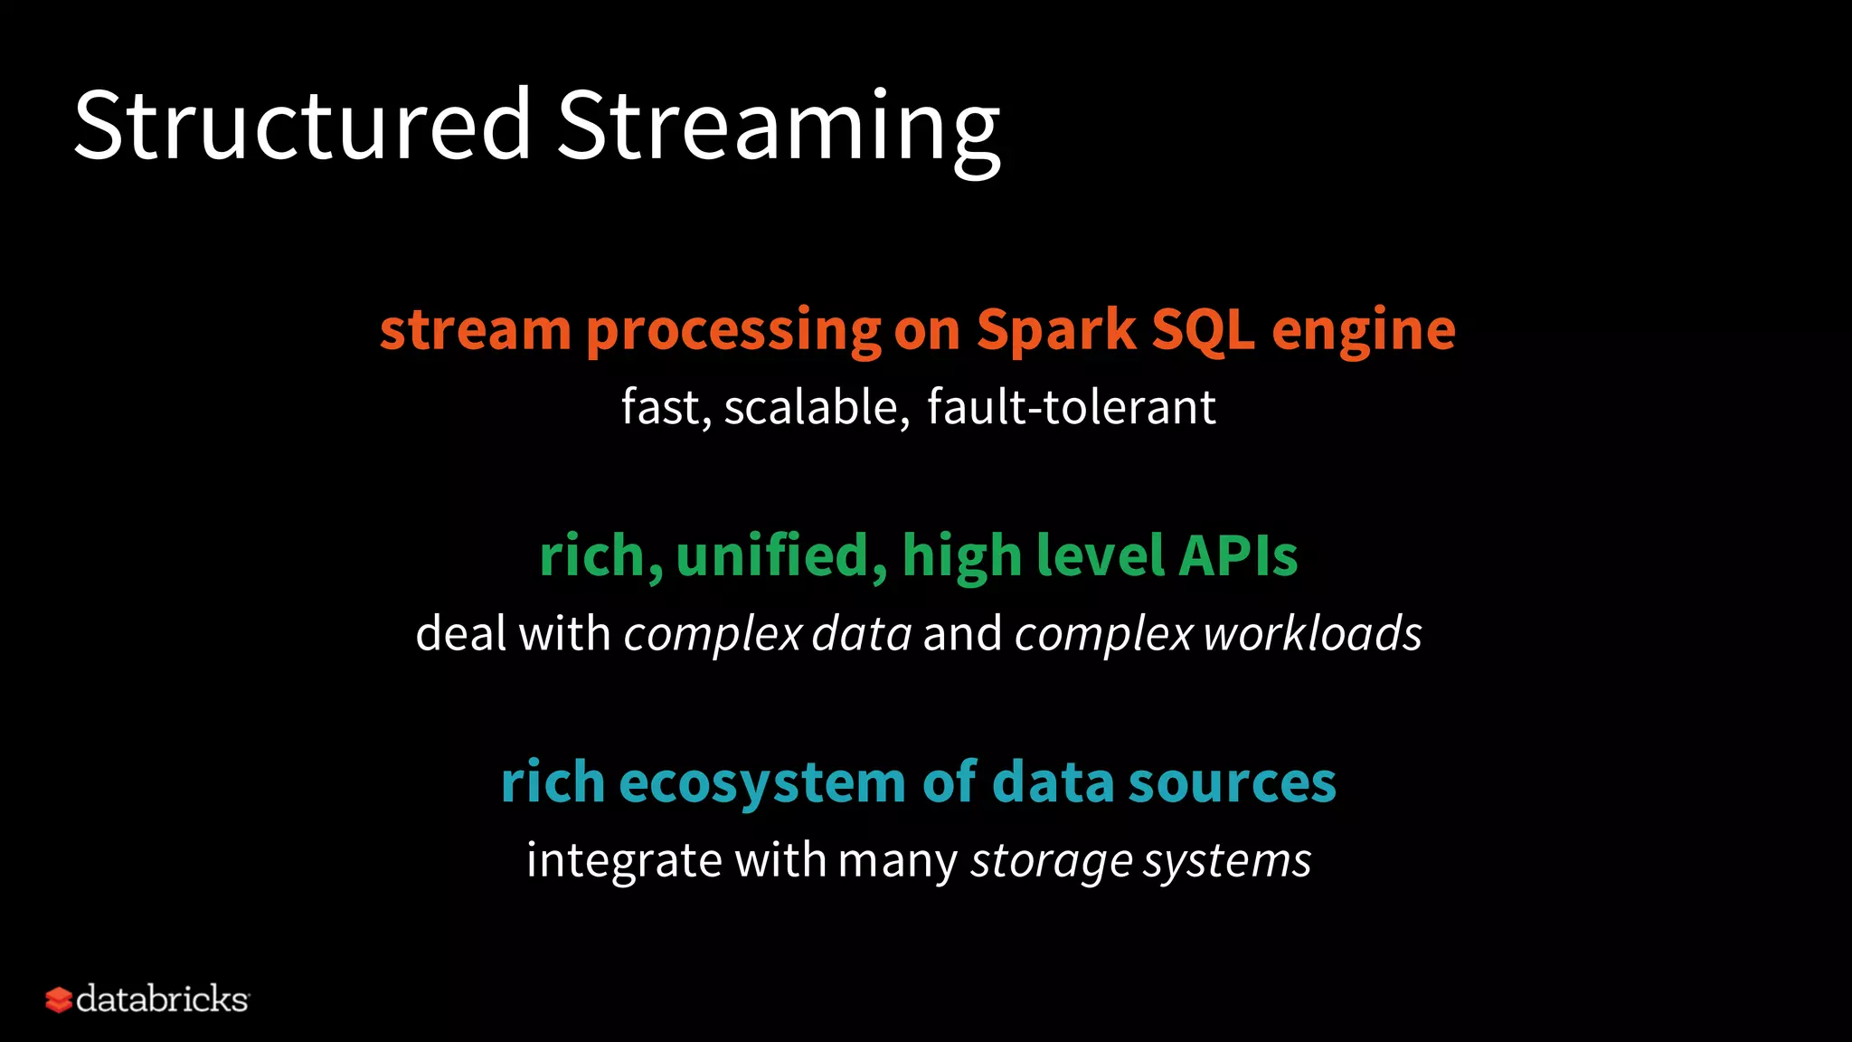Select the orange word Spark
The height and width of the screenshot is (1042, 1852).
tap(1055, 330)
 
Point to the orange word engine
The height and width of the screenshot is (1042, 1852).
tap(1364, 330)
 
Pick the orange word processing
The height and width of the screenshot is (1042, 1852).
tap(733, 330)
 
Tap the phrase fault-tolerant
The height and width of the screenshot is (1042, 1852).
tap(1071, 407)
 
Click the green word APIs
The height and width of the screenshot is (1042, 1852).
tap(1238, 555)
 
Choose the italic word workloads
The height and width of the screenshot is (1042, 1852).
tap(1312, 633)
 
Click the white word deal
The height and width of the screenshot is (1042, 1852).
tap(460, 633)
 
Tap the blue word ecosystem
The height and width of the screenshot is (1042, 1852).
tap(762, 782)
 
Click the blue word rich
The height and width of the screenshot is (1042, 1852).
tap(553, 782)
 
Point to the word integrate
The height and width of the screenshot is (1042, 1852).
tap(624, 860)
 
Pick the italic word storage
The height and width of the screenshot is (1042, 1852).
tap(1051, 860)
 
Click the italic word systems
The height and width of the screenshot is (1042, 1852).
tap(1227, 860)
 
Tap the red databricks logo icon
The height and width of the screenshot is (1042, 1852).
tap(59, 1000)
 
